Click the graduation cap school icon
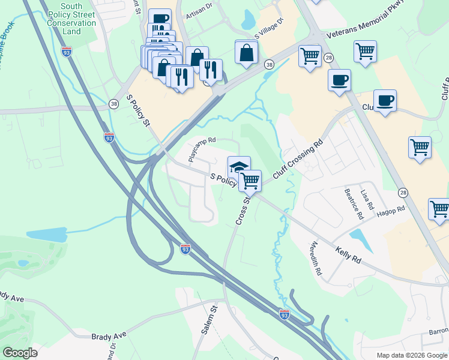(238, 165)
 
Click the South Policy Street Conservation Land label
(71, 19)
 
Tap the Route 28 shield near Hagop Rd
(403, 192)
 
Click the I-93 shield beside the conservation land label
(67, 51)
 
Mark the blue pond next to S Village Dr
(248, 19)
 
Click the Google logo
(19, 353)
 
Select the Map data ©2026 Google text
(411, 355)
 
